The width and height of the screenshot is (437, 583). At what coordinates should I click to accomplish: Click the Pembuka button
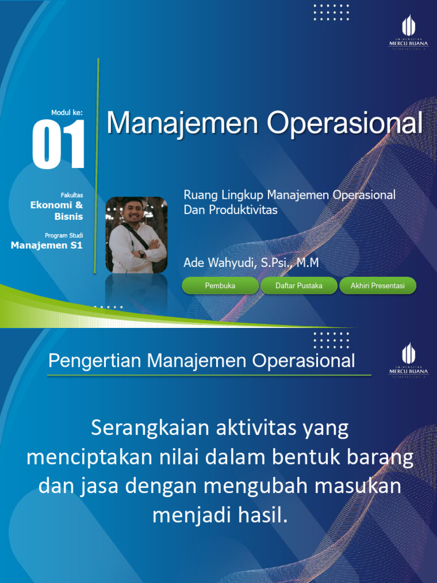click(x=220, y=286)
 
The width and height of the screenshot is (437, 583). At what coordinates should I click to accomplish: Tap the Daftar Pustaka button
click(x=299, y=286)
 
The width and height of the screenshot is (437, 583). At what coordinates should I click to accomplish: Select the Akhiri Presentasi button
click(x=378, y=286)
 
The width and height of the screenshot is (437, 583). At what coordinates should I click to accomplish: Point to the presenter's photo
click(x=137, y=235)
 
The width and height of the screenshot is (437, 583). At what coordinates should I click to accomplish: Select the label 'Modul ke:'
click(x=67, y=113)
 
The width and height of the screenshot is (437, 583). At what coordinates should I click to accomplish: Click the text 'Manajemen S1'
click(x=47, y=245)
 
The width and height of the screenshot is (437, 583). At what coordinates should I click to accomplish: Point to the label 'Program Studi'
click(x=64, y=235)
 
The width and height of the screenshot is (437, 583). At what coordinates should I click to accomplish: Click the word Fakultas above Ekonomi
click(x=72, y=195)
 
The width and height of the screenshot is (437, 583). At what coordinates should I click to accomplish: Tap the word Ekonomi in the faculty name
click(x=52, y=205)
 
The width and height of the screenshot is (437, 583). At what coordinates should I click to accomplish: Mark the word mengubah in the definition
click(x=277, y=487)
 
